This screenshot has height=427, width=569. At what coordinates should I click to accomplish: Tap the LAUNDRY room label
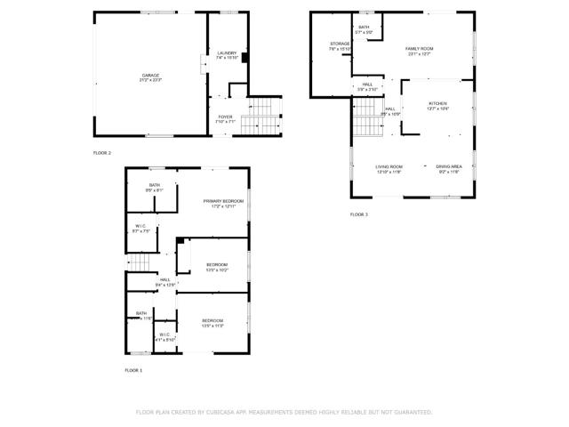[227, 53]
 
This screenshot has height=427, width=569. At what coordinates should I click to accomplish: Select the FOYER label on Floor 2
[226, 117]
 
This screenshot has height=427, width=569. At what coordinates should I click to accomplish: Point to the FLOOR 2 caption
[102, 153]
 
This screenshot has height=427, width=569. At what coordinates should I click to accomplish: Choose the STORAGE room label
[340, 44]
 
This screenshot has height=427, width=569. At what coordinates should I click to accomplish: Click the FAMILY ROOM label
[418, 48]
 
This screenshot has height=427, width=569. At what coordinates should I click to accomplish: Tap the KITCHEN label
[438, 103]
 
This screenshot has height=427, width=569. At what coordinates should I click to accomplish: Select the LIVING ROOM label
[389, 166]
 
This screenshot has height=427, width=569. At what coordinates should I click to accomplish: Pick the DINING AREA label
[448, 166]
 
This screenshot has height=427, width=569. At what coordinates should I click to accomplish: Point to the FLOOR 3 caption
[358, 214]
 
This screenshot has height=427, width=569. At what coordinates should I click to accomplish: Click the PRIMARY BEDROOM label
[223, 201]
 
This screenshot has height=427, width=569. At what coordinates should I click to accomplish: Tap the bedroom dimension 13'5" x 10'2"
[218, 270]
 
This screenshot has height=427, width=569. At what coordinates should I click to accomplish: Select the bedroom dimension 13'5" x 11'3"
[212, 326]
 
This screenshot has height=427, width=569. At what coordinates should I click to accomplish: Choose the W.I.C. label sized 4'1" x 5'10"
[164, 339]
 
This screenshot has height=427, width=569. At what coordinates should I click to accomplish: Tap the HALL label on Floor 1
[165, 279]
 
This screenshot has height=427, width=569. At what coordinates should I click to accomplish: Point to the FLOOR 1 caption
[133, 369]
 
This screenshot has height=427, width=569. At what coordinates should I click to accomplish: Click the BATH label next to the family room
[364, 28]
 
